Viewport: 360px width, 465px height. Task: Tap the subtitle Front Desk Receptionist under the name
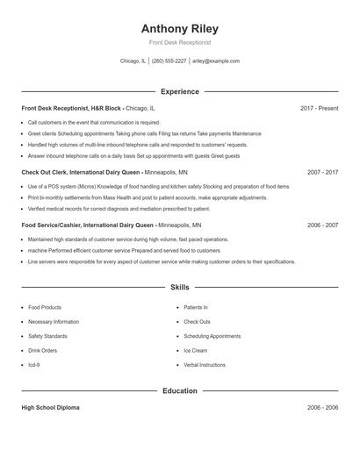[x=179, y=42]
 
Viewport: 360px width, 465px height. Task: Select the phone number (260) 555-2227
[x=169, y=61]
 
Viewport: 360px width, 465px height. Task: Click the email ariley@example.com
[x=216, y=61]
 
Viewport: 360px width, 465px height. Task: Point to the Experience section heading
[x=179, y=91]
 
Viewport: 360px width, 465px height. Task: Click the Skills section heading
[x=179, y=287]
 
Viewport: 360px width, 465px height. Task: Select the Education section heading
[x=179, y=390]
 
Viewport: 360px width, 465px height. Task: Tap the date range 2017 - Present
[x=319, y=108]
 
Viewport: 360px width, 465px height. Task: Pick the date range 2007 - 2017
[x=322, y=172]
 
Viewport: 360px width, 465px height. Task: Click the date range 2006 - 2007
[x=322, y=225]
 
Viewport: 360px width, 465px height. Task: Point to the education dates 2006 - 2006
[x=322, y=408]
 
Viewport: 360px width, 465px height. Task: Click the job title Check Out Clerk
[x=42, y=172]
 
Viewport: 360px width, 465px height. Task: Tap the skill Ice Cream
[x=195, y=350]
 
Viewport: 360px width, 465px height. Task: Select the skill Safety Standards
[x=47, y=336]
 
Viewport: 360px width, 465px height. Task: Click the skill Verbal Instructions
[x=205, y=364]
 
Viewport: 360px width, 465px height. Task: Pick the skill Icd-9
[x=34, y=364]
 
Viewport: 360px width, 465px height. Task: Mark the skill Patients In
[x=195, y=307]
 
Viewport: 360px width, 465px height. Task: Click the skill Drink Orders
[x=42, y=350]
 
